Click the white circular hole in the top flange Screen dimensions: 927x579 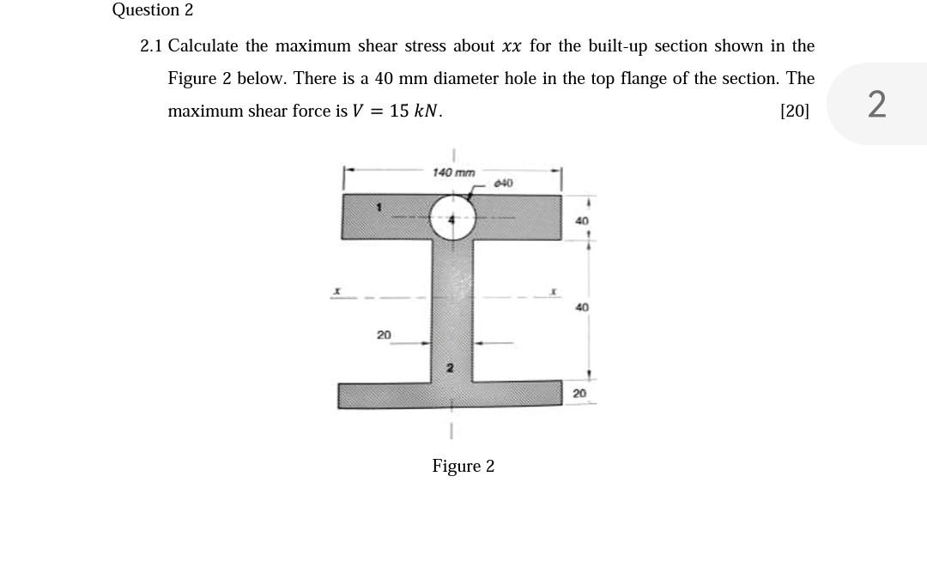point(452,218)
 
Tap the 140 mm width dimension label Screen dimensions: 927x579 point(453,172)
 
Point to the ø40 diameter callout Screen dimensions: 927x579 point(504,183)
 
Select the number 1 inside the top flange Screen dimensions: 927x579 point(378,207)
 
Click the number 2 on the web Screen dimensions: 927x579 point(448,368)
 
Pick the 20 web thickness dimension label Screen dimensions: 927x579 point(384,334)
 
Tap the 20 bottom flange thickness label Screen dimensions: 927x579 point(580,393)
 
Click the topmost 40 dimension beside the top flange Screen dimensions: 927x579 point(582,221)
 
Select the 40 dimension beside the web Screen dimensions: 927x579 point(582,306)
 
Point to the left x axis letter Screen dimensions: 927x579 point(338,293)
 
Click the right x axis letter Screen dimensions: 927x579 point(554,293)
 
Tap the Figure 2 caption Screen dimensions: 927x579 point(463,466)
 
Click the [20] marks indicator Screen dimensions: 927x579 point(794,111)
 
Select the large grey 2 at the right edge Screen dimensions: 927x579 point(876,105)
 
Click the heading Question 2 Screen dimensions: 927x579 point(153,10)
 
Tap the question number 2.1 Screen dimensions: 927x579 point(151,45)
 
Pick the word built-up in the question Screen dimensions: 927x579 point(617,45)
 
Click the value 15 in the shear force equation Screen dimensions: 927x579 point(399,111)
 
